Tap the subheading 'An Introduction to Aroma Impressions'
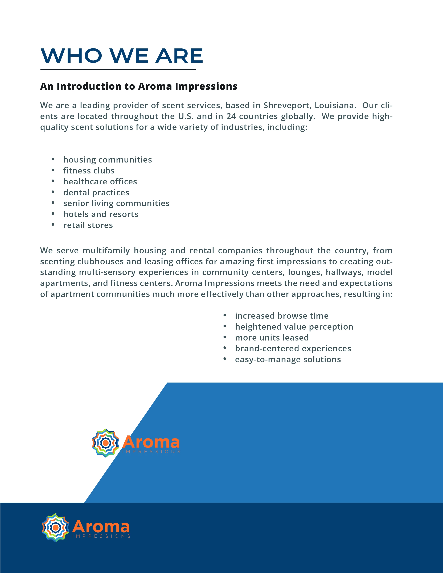[139, 86]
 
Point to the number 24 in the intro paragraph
[231, 116]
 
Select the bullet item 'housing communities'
[107, 160]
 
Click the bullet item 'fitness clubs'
[89, 171]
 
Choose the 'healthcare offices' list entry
[100, 182]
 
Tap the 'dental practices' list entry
[96, 193]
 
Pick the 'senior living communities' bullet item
[116, 203]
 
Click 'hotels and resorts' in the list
[101, 214]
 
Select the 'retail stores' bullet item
[88, 225]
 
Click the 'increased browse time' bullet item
[282, 316]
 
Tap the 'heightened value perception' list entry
[294, 327]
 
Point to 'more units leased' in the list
[272, 338]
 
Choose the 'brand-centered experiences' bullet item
[293, 349]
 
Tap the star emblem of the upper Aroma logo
[105, 443]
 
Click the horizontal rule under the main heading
[118, 69]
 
